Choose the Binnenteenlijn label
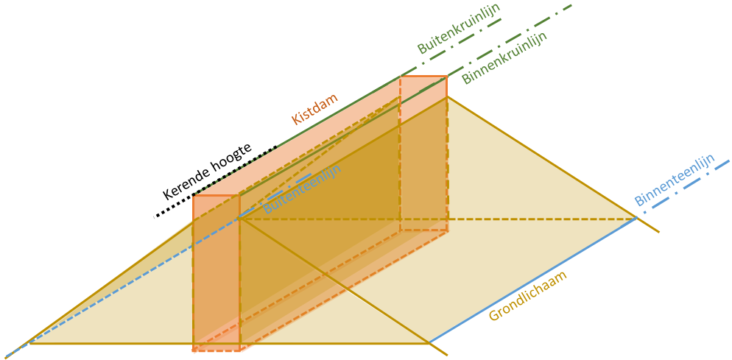click(x=675, y=180)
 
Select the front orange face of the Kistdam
click(x=216, y=272)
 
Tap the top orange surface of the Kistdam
click(x=317, y=136)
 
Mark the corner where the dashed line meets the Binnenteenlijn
click(x=636, y=218)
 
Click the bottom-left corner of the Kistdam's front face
click(x=194, y=350)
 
